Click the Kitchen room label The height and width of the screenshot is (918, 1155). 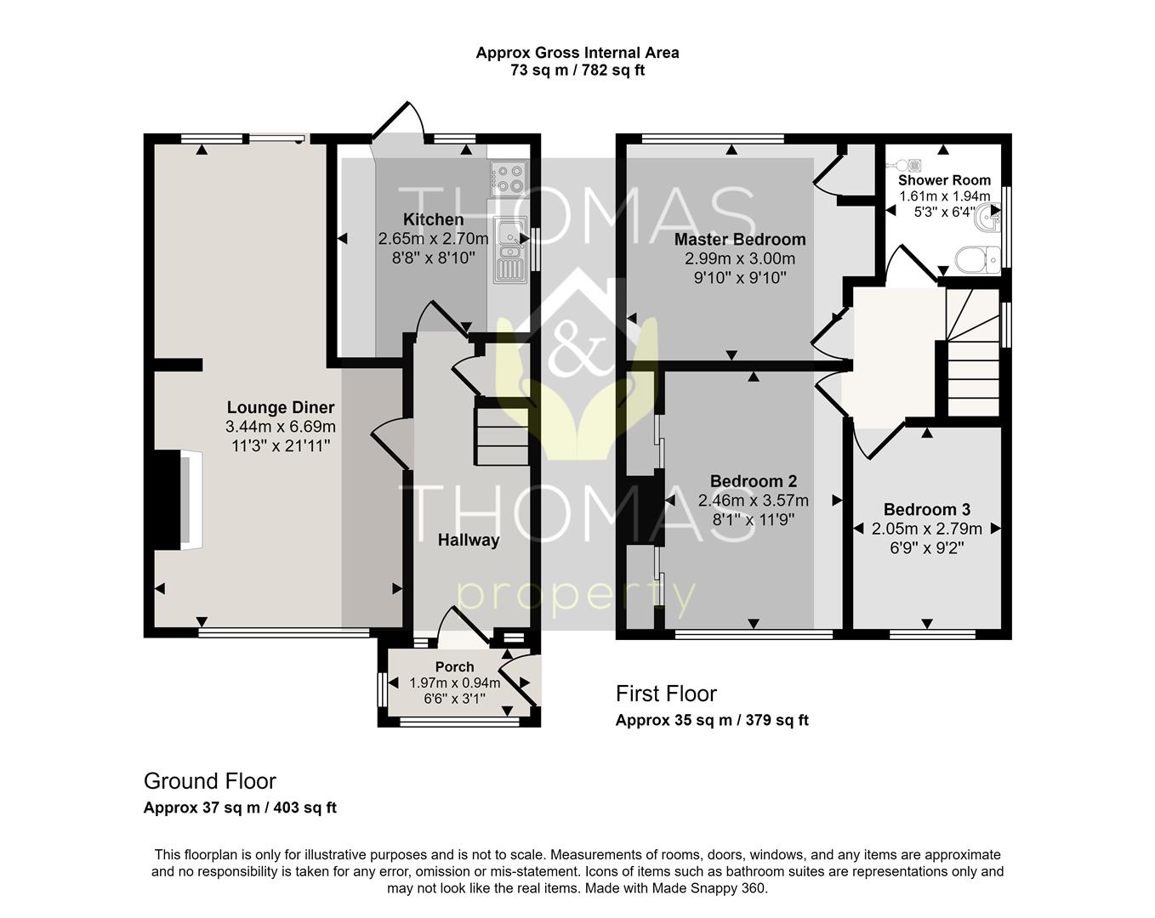click(x=433, y=220)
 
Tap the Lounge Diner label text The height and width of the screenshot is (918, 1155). click(x=280, y=408)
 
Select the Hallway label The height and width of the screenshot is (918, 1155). click(x=468, y=540)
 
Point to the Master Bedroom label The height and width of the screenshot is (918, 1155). click(x=739, y=240)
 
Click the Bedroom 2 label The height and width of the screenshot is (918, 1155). click(x=753, y=482)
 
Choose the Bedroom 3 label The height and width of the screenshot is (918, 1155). click(x=926, y=510)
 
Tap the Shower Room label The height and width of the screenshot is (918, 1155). click(x=944, y=180)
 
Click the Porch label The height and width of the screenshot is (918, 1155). click(x=454, y=666)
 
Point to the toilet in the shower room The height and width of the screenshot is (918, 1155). click(x=978, y=258)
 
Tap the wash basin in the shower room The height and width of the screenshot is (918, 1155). click(x=989, y=218)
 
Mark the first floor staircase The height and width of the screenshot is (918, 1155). click(x=972, y=357)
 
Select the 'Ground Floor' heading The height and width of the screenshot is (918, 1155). click(x=209, y=780)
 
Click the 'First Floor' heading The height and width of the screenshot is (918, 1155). click(x=666, y=694)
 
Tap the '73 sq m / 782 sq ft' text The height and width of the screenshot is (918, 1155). click(x=577, y=71)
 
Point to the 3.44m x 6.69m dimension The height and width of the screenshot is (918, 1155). click(x=280, y=427)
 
